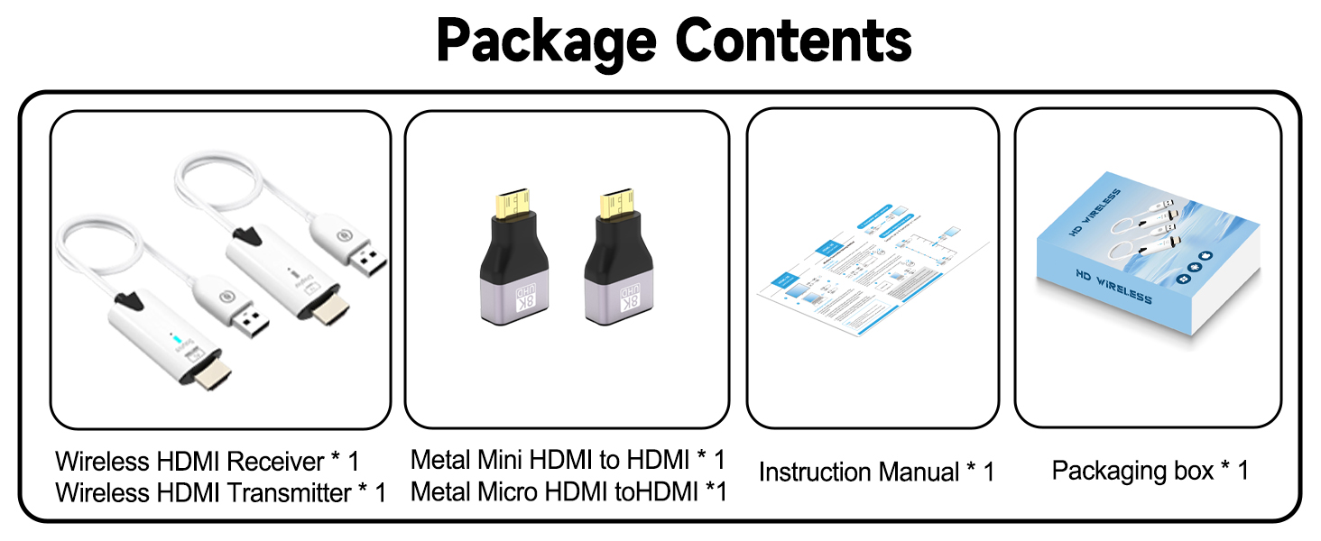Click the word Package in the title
click(546, 40)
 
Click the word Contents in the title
click(793, 40)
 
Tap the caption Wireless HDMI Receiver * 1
click(207, 462)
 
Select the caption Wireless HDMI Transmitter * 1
click(220, 493)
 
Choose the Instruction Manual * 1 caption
click(875, 472)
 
